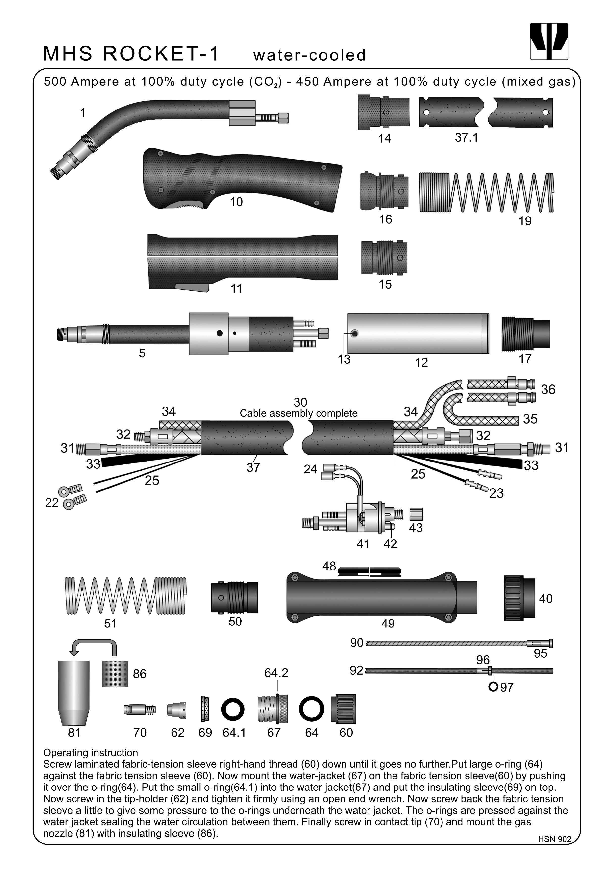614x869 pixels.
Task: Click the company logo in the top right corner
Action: (549, 41)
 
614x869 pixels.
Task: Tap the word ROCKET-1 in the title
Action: (161, 53)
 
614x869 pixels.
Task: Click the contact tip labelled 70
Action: (139, 709)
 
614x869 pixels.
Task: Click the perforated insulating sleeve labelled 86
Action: (115, 674)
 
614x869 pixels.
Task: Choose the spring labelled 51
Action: (125, 596)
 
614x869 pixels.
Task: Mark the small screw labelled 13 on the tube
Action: (354, 333)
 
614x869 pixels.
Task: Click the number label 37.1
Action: (466, 137)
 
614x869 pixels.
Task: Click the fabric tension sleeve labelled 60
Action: (343, 709)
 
